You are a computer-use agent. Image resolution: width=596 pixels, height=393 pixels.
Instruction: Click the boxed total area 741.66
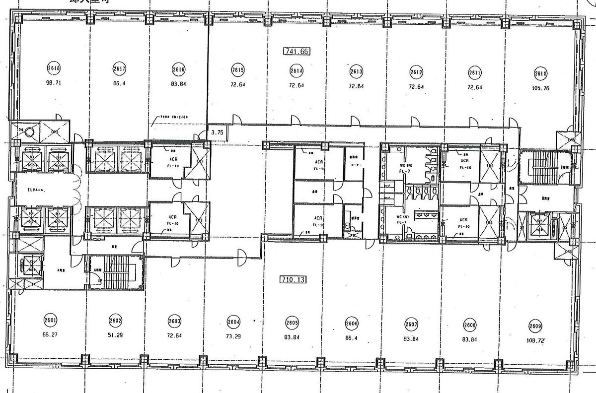[x=297, y=51]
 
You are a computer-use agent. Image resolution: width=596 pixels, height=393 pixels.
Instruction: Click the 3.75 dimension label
[x=217, y=132]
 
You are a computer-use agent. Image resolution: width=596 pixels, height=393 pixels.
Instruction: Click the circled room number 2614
[x=297, y=70]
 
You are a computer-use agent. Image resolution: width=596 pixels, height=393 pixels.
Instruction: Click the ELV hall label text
[x=37, y=189]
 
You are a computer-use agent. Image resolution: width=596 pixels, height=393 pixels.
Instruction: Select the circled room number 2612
[x=416, y=72]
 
